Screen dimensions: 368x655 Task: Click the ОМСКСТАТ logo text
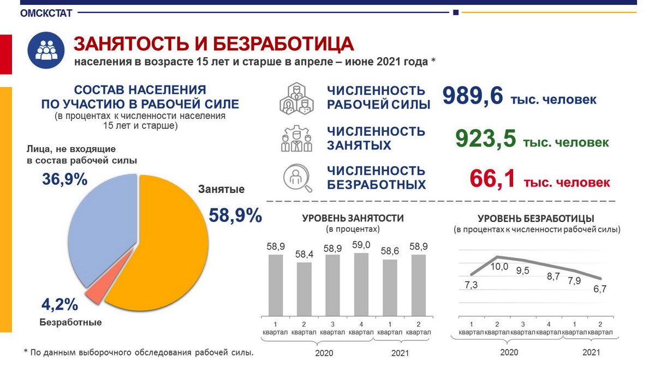[x=46, y=14]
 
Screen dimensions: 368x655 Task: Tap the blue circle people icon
[x=46, y=50]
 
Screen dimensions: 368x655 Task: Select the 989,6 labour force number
[x=472, y=96]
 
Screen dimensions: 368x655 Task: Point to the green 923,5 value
[x=485, y=139]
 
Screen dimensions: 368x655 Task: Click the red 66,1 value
[x=492, y=179]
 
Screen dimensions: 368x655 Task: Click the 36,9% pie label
[x=65, y=179]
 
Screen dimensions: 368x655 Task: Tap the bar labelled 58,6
[x=390, y=287]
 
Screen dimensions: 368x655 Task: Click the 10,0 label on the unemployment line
[x=499, y=267]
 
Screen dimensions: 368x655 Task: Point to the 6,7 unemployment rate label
[x=599, y=289]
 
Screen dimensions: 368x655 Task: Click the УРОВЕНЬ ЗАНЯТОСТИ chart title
[x=353, y=218]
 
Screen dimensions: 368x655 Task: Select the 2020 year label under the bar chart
[x=324, y=353]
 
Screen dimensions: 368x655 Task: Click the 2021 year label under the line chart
[x=591, y=352]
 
